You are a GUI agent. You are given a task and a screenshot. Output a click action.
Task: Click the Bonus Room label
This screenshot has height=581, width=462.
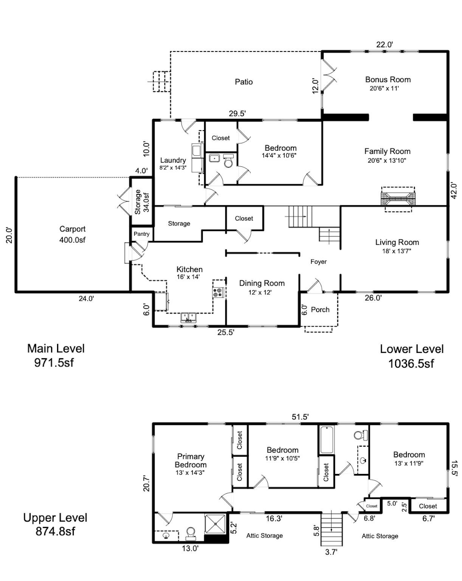pos(388,80)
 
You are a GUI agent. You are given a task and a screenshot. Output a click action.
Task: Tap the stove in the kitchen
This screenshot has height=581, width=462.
pos(218,292)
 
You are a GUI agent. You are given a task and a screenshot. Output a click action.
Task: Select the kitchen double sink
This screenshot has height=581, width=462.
pos(189,317)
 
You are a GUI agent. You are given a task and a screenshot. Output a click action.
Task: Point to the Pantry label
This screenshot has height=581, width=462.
pos(141,234)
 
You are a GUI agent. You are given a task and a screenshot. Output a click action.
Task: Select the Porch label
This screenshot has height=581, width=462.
pos(320,310)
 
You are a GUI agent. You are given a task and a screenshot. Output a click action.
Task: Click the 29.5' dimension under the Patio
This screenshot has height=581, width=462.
pos(237,113)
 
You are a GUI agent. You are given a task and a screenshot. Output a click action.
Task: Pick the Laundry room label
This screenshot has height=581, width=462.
pos(173,160)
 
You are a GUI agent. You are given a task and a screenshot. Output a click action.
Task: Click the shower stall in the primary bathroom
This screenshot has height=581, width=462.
pos(215,524)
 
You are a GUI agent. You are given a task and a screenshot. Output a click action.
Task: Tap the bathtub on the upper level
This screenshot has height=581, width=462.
pos(327,440)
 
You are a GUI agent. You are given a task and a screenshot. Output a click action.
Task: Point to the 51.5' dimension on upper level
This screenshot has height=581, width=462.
pos(300,417)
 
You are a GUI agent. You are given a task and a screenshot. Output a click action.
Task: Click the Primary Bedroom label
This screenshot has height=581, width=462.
pos(191,461)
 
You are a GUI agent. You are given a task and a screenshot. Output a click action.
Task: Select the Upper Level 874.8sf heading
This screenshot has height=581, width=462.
pos(55,524)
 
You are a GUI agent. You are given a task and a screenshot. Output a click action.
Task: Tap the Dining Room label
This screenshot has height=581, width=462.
pos(262,283)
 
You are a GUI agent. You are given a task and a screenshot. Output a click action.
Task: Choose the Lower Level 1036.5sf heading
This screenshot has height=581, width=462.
pos(411,356)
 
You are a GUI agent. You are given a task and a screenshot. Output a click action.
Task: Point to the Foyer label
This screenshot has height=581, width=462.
pos(318,262)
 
